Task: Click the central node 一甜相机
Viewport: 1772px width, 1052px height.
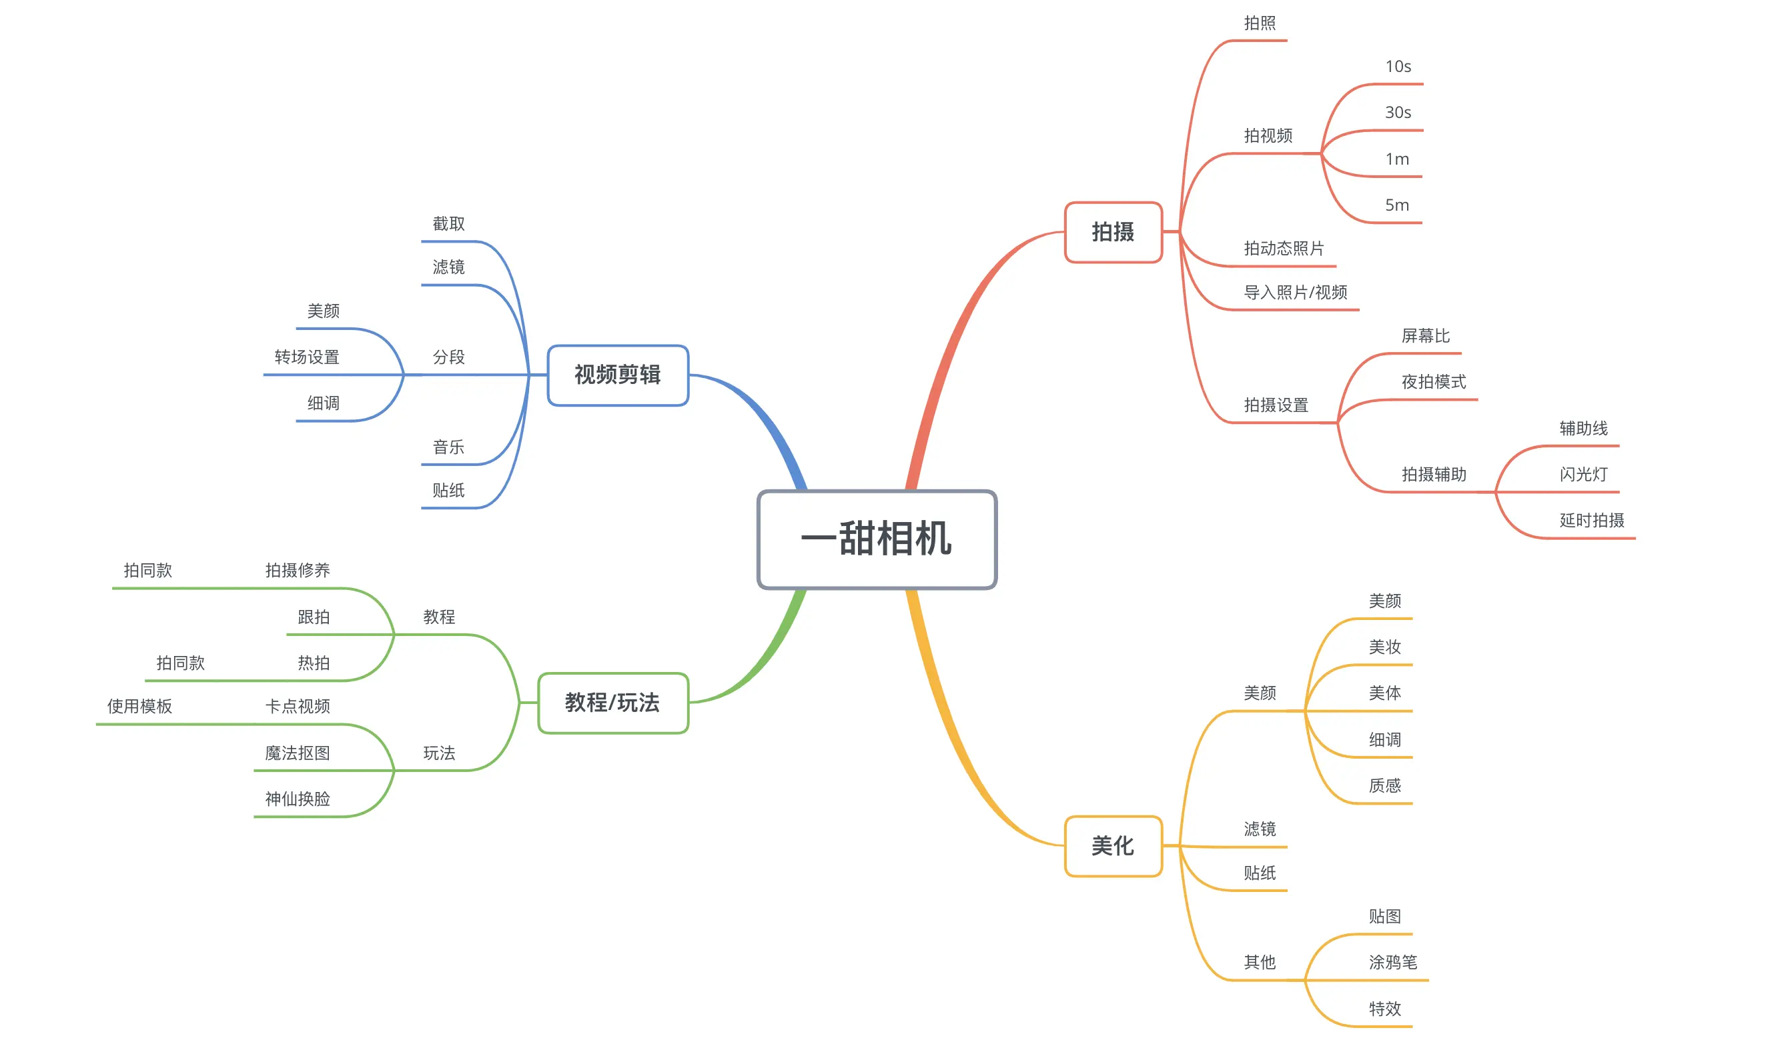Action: pos(877,539)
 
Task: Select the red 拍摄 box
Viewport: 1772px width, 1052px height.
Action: pos(1112,232)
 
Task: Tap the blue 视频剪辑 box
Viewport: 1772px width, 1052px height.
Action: pos(617,375)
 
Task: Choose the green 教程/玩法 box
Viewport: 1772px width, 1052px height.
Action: pos(613,703)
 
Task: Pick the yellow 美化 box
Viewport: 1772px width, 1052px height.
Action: pos(1112,846)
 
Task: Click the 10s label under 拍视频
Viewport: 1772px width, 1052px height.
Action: pos(1398,67)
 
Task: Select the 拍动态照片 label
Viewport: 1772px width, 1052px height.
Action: pos(1283,249)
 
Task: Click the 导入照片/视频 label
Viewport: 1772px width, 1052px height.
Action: pos(1294,292)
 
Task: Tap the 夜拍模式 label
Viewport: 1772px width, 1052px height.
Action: pos(1433,382)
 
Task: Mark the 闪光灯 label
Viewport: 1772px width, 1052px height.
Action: pos(1583,474)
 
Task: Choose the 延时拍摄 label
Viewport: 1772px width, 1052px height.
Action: pos(1591,520)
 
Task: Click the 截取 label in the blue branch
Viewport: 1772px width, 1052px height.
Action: pos(448,224)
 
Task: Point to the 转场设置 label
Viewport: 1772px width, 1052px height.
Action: pos(306,357)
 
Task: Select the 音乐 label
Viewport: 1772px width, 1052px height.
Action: pos(448,447)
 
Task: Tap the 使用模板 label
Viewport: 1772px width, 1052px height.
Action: pos(139,706)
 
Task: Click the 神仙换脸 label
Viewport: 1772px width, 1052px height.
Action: pos(298,799)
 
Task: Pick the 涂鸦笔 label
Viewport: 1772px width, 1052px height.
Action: pos(1392,962)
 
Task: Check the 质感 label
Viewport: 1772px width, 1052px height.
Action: pos(1384,785)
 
